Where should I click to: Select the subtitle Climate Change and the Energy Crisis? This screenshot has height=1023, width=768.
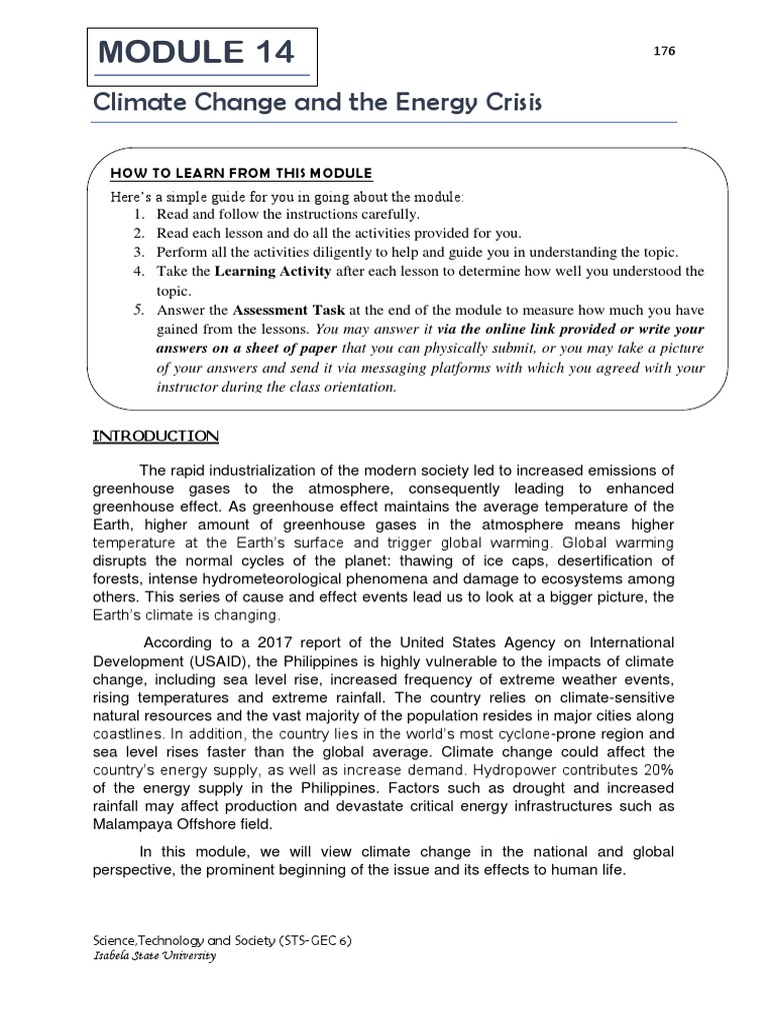coord(317,104)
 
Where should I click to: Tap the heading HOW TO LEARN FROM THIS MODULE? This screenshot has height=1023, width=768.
coord(241,174)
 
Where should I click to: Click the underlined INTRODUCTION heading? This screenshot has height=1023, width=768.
coord(156,436)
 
